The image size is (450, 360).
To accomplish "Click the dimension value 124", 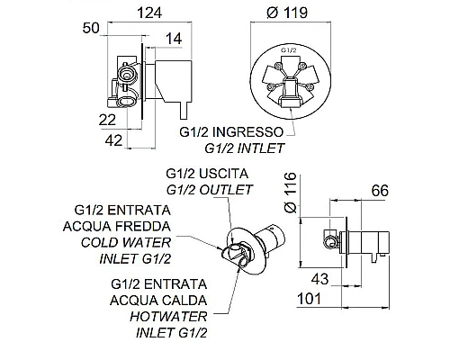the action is click(149, 13).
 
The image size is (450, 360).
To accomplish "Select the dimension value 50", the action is click(91, 28).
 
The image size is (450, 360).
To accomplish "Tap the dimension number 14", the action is click(174, 39).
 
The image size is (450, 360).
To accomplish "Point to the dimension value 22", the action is click(107, 121).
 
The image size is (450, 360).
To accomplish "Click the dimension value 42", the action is click(114, 140).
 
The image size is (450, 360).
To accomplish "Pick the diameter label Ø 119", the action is click(287, 13).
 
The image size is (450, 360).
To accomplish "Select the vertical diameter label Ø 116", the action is click(291, 193).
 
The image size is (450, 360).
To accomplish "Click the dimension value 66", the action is click(380, 191).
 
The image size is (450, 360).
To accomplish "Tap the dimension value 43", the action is click(319, 279).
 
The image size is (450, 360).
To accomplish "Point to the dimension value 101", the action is click(310, 299).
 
